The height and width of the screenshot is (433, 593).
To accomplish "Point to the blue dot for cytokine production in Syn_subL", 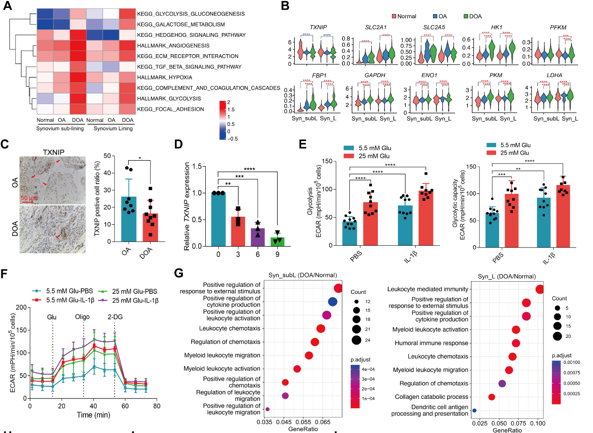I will tap(333, 302).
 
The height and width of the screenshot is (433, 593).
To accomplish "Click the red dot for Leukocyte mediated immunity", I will tap(539, 290).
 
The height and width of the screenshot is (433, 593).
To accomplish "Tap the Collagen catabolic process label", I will tap(432, 397).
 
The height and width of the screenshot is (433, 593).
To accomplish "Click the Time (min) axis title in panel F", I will tap(94, 414).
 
